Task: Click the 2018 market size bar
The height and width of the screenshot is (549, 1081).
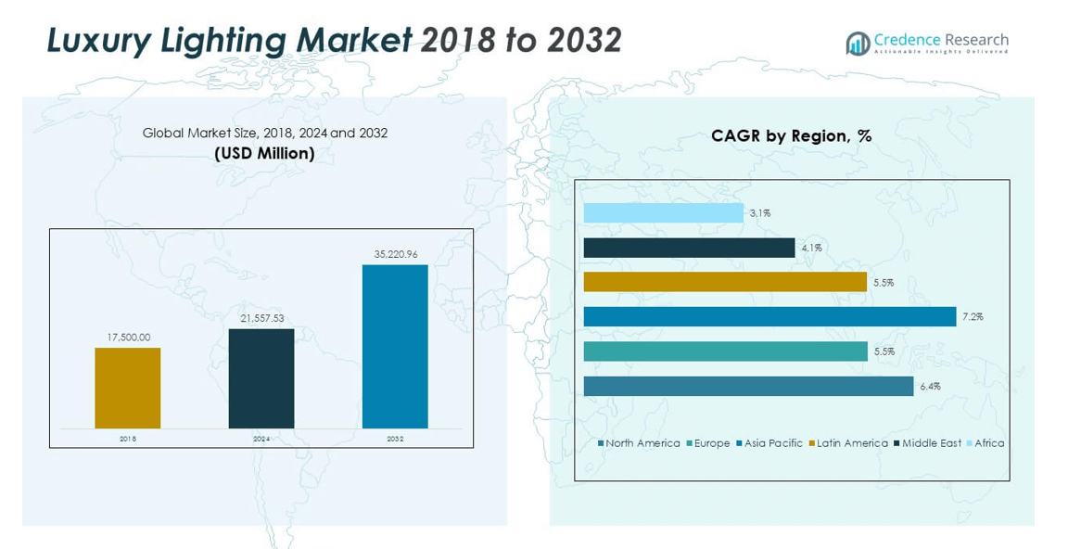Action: click(127, 388)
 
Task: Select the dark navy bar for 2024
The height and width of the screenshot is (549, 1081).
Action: click(261, 378)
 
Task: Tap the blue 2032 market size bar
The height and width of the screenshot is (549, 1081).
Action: click(395, 346)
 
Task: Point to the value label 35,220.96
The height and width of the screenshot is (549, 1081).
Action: click(395, 253)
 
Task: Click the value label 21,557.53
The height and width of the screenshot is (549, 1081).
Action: click(261, 318)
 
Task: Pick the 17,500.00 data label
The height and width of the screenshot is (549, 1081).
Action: click(128, 338)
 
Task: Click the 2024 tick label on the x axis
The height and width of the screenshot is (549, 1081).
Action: click(261, 439)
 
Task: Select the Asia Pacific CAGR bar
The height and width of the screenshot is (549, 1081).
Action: click(769, 316)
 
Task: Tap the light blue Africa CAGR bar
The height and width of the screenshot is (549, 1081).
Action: click(663, 212)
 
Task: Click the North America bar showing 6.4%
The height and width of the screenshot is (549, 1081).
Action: click(748, 386)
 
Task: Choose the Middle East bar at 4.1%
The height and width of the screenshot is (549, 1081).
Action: click(689, 248)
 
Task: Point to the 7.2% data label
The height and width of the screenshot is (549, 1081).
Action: click(973, 317)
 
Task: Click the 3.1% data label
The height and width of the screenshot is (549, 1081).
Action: click(760, 213)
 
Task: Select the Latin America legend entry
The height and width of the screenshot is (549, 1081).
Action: click(847, 443)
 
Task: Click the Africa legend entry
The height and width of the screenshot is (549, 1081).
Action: click(985, 443)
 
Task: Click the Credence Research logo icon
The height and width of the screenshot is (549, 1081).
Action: click(858, 43)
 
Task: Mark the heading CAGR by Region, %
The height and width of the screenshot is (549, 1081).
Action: click(791, 135)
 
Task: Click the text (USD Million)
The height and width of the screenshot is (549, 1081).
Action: click(264, 153)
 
